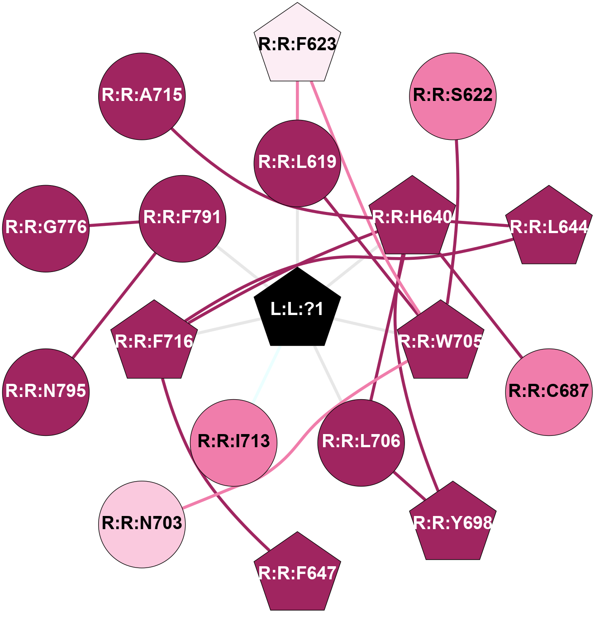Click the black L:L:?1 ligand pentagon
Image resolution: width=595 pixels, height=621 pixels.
point(297,309)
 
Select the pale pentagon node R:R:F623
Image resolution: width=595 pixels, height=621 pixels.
point(297,44)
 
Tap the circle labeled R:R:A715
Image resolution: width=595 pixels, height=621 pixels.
point(142,96)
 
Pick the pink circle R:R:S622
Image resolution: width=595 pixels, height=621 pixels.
point(453,96)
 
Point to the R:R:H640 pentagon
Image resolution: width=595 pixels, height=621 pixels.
point(412,218)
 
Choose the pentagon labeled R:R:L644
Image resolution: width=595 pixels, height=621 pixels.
point(549,227)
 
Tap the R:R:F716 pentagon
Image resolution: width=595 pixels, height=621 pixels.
point(154,342)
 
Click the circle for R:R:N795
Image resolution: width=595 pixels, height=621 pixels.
point(46,392)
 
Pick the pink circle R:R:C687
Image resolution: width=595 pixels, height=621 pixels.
point(549,392)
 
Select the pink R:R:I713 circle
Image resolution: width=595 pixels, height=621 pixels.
point(234,442)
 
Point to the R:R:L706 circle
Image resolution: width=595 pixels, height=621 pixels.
point(361,442)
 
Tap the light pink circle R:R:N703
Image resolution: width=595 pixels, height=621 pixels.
point(142,524)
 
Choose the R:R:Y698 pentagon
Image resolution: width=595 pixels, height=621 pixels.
point(453,524)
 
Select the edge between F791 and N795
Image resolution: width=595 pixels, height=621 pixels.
point(114,306)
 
